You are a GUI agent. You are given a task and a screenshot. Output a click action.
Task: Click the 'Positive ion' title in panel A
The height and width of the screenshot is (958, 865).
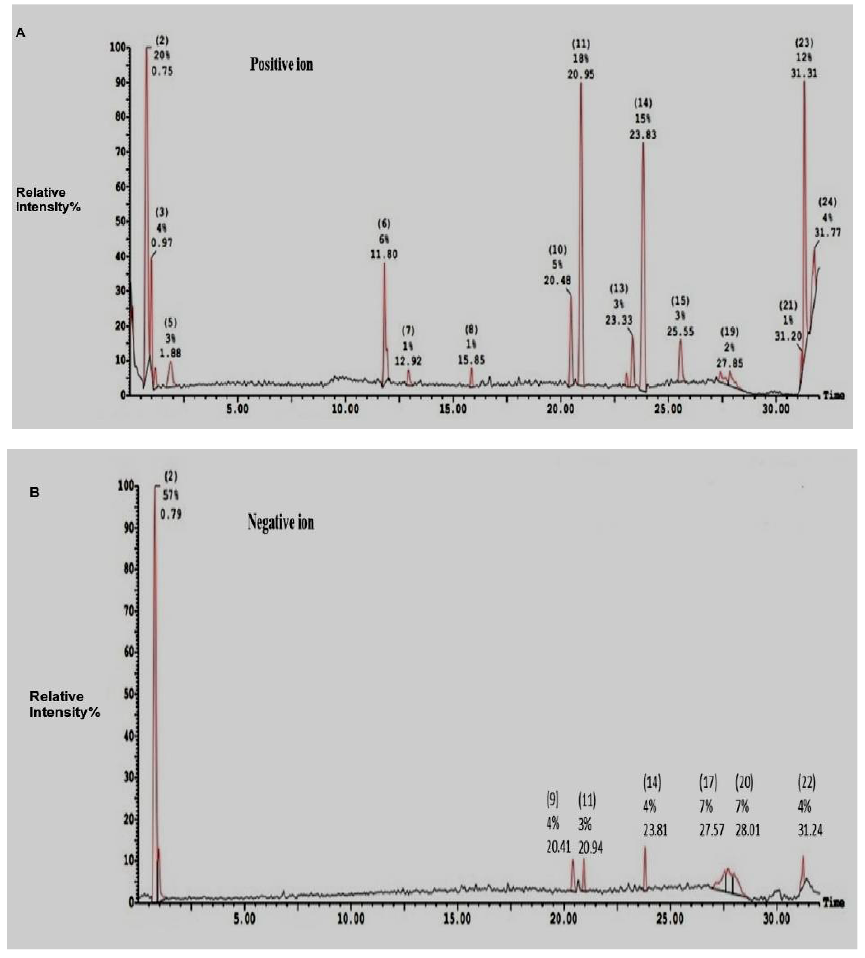281,64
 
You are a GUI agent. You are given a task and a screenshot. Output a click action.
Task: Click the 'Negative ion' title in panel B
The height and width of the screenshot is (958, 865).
280,523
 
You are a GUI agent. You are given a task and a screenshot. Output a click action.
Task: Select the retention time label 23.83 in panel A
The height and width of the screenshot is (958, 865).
643,135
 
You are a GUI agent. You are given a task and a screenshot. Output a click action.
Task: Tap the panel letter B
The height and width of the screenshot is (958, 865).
34,493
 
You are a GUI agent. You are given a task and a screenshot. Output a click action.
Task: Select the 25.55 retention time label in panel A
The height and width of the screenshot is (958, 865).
680,331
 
